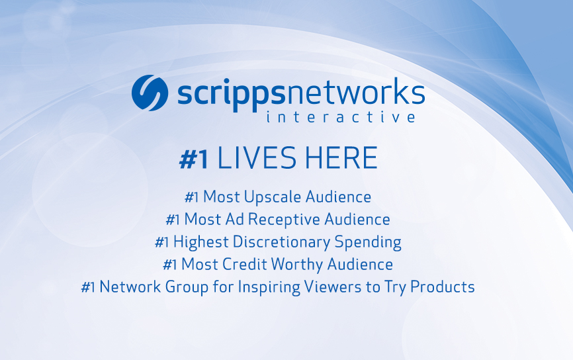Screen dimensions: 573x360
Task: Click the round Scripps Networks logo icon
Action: [150, 93]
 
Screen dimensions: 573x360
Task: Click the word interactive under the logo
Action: [341, 117]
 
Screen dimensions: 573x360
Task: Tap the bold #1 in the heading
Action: [194, 159]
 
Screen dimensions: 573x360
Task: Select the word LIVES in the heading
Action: [257, 158]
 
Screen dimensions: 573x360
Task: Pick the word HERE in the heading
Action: [341, 158]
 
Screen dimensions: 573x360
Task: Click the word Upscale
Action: [273, 197]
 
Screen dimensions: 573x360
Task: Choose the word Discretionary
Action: [281, 242]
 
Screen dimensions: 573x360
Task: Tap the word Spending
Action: [368, 243]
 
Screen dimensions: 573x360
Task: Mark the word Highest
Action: [201, 243]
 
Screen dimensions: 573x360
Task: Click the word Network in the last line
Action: [130, 287]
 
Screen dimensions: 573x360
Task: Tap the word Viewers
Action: [333, 287]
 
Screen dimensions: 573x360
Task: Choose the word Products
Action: [443, 287]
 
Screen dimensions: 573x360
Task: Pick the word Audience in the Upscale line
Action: [338, 197]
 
